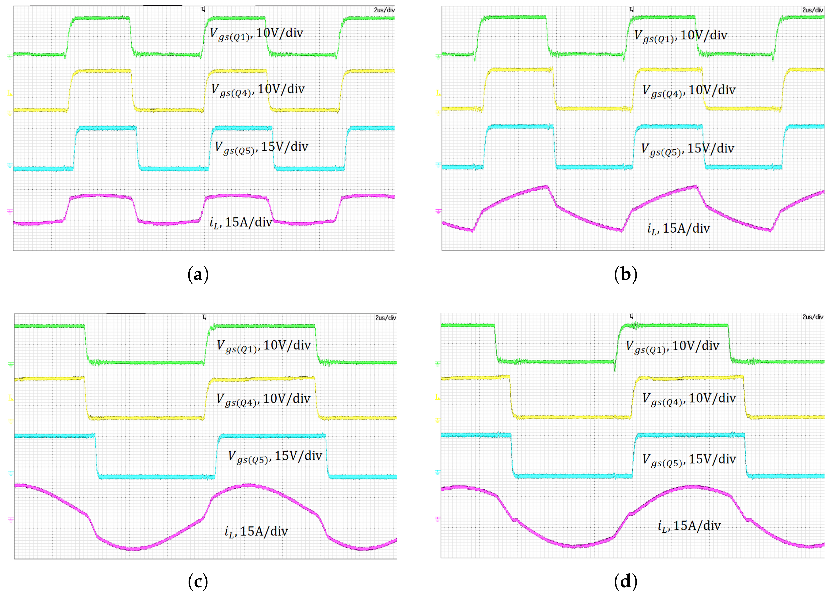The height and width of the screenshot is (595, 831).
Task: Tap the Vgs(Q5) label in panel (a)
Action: click(261, 147)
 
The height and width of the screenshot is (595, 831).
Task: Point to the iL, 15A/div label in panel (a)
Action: click(240, 222)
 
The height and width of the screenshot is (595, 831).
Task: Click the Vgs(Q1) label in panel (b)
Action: click(680, 36)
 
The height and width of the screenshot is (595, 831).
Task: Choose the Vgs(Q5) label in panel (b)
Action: click(687, 149)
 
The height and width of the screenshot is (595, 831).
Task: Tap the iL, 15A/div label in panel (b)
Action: click(678, 229)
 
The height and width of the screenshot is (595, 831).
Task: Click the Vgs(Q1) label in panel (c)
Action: click(263, 346)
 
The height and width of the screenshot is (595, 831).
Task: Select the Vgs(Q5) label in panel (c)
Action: click(275, 456)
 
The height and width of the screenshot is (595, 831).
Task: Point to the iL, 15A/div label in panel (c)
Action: click(256, 531)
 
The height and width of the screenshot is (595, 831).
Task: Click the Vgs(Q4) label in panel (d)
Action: click(689, 399)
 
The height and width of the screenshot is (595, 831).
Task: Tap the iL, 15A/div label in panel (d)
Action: click(689, 526)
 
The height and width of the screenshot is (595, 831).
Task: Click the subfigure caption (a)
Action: click(198, 274)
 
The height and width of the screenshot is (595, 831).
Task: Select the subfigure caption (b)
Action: click(625, 274)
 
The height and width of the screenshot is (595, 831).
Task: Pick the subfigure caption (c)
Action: click(198, 582)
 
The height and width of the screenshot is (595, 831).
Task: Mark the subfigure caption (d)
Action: click(625, 582)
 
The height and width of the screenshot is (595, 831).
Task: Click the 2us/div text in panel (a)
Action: click(384, 10)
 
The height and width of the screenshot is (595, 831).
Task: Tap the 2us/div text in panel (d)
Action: click(812, 317)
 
